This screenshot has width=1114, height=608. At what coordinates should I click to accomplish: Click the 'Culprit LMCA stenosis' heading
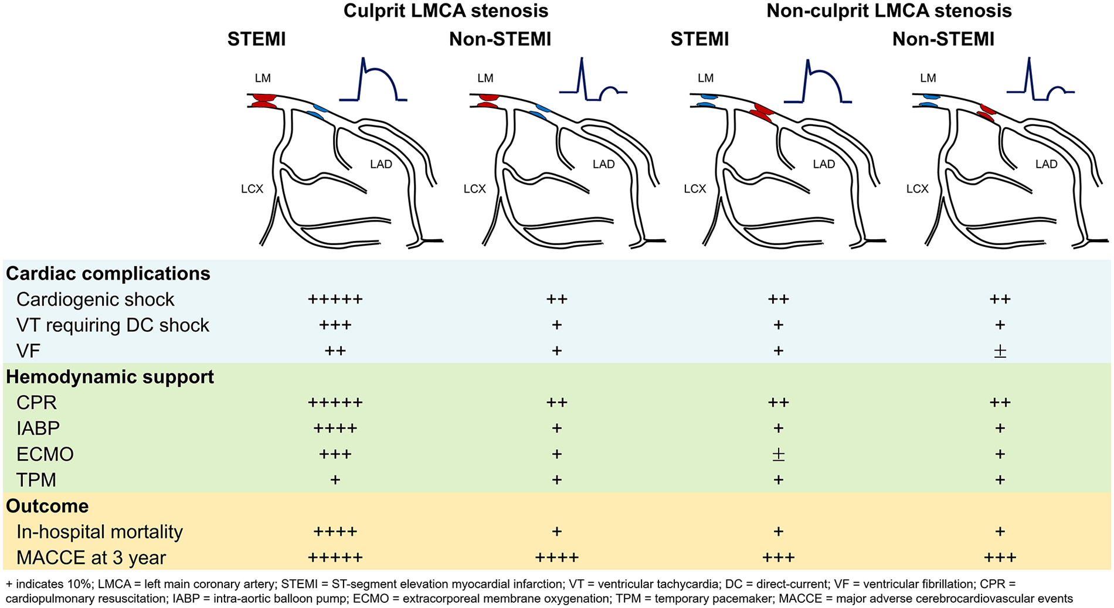tap(446, 11)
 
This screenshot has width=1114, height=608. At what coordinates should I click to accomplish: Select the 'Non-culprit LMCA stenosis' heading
tap(889, 11)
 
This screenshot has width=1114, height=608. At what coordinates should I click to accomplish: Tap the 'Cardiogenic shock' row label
tap(95, 300)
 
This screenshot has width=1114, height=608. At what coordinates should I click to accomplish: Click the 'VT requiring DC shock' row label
tap(113, 325)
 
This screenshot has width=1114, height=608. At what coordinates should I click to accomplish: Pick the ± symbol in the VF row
tap(1000, 351)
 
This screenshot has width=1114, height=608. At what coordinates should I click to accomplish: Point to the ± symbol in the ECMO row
tap(778, 454)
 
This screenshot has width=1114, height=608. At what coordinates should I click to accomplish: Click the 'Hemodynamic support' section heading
tap(110, 377)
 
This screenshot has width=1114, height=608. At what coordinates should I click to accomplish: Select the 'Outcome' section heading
tap(47, 506)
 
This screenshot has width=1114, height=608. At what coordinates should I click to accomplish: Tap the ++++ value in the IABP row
tap(335, 429)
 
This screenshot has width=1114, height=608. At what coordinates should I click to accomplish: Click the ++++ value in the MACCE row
tap(556, 558)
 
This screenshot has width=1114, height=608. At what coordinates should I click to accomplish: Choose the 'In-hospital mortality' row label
tap(100, 532)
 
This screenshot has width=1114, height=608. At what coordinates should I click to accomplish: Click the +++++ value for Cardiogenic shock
tap(335, 300)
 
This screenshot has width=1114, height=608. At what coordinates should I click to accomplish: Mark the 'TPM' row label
tap(36, 480)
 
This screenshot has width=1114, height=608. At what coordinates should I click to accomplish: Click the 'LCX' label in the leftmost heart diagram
tap(252, 189)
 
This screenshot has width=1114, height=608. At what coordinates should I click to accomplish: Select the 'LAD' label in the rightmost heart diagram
tap(1046, 164)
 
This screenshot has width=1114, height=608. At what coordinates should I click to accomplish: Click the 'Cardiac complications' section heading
tap(108, 274)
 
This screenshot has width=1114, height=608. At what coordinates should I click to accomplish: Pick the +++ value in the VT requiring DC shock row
tap(335, 325)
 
